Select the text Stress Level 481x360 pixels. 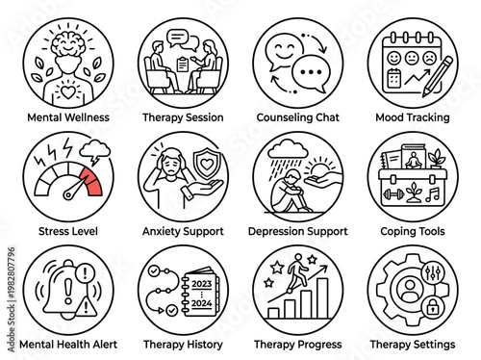(x=63, y=232)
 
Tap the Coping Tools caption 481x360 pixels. (x=412, y=232)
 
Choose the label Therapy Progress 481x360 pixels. (x=296, y=343)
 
